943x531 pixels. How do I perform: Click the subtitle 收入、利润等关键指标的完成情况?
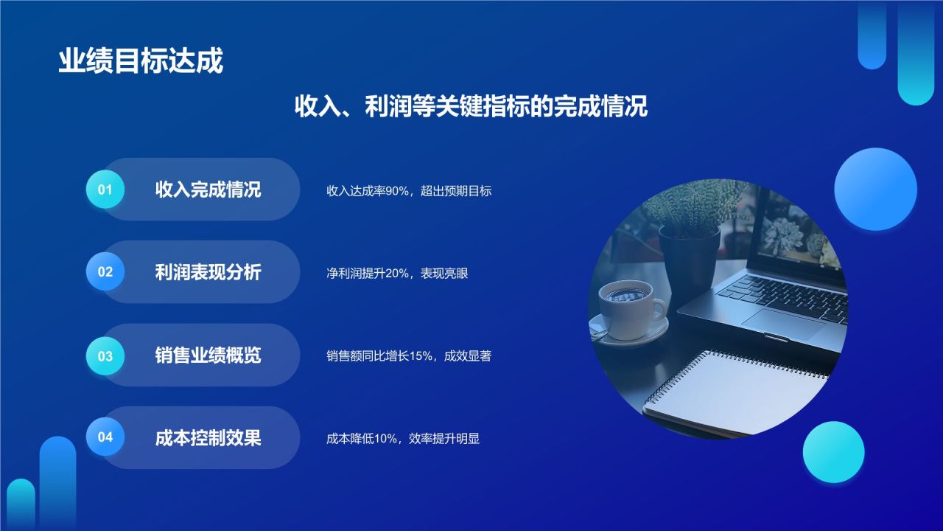coord(471,106)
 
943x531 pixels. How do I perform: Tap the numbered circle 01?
coord(105,190)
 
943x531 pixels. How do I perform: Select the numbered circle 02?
coord(105,272)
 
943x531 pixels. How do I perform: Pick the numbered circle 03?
coord(105,356)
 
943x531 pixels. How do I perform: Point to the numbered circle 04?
coord(105,437)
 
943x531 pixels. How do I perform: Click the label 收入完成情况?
coord(208,190)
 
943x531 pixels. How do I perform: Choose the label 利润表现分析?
coord(208,272)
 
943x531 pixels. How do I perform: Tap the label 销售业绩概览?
coord(208,355)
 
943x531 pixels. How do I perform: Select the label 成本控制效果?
coord(208,438)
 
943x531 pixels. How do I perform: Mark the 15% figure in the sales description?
coord(421,356)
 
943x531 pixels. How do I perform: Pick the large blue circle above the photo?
coord(875,189)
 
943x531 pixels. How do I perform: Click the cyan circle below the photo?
coord(833,452)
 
